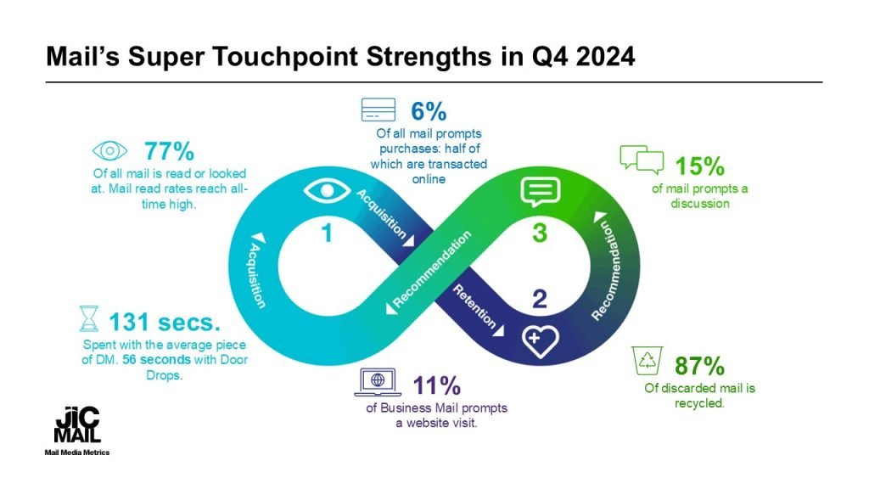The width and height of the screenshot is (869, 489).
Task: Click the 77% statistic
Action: coord(169,151)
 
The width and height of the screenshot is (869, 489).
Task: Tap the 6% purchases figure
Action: coord(429,111)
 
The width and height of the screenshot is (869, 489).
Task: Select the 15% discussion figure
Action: coord(699,166)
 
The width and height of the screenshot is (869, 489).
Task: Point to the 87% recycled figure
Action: coord(699,365)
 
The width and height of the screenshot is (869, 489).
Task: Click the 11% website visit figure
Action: coord(437,385)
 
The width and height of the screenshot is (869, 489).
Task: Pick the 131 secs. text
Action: coord(165,322)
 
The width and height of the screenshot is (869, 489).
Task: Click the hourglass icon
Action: coord(88,319)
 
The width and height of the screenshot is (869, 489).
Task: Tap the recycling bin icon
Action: coord(648,361)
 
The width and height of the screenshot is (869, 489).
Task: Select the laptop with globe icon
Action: coord(378,382)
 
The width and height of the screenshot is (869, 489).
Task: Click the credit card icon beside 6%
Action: coord(378,110)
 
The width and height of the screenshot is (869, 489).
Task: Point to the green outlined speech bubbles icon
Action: coord(642,159)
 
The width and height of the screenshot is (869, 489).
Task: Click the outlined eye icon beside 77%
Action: coord(109,151)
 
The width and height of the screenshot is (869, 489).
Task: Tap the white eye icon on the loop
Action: coord(327,191)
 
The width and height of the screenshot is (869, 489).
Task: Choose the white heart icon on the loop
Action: coord(541,340)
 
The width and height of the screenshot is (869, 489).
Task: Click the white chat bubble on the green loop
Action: coord(541,192)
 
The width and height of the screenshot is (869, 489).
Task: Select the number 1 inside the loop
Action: coord(327,233)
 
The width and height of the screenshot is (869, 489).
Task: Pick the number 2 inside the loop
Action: coord(539,299)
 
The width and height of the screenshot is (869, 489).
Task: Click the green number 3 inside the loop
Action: coord(539,233)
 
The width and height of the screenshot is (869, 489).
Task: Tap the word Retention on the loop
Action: coord(474,306)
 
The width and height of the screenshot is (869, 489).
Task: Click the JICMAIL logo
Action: coord(77,424)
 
